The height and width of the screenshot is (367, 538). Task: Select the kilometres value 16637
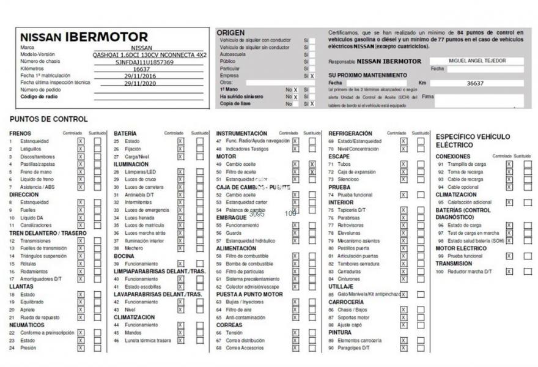pos(141,69)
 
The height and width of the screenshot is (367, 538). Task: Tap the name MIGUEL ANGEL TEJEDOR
pos(477,61)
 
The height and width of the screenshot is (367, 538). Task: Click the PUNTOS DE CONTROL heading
pos(49,119)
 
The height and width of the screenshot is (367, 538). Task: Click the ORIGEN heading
pos(230,32)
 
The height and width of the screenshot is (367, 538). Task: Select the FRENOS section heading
pos(20,133)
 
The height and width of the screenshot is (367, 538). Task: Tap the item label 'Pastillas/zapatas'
pos(38,164)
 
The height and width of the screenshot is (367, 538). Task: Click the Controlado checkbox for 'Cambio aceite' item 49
pos(295,164)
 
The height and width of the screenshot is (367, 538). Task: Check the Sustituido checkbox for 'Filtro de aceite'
pos(312,172)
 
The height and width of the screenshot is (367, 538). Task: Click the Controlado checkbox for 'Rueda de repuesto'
pos(81,317)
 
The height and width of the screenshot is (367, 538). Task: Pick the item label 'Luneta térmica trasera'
pos(147,340)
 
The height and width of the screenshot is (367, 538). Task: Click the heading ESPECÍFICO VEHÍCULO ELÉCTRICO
pos(473,141)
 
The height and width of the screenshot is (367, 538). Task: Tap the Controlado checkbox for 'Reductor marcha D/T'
pos(509,272)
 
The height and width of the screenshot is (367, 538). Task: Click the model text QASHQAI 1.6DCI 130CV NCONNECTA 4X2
pos(149,54)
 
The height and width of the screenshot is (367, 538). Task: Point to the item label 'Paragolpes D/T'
pos(358,347)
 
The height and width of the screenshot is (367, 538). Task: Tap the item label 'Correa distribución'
pos(245,340)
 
